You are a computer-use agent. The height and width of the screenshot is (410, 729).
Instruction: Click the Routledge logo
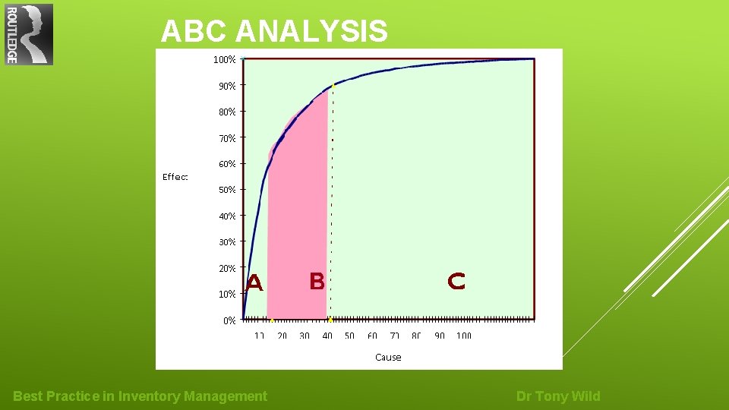pyautogui.click(x=29, y=34)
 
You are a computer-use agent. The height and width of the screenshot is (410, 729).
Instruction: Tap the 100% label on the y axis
pyautogui.click(x=224, y=59)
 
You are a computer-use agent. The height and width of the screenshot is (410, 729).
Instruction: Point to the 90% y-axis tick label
pyautogui.click(x=226, y=86)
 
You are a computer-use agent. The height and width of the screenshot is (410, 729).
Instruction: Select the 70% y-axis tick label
pyautogui.click(x=226, y=138)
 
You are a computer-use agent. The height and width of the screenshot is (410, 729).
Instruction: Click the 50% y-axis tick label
pyautogui.click(x=226, y=190)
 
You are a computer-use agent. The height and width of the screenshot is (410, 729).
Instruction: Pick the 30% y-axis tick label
pyautogui.click(x=226, y=242)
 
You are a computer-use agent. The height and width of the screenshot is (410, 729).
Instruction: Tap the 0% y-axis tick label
pyautogui.click(x=229, y=320)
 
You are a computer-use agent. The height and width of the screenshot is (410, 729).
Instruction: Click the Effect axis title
pyautogui.click(x=175, y=177)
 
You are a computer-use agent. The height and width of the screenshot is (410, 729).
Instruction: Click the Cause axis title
pyautogui.click(x=388, y=357)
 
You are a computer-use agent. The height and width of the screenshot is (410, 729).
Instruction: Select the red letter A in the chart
pyautogui.click(x=254, y=284)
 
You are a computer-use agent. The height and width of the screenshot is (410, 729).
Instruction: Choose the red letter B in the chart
pyautogui.click(x=317, y=282)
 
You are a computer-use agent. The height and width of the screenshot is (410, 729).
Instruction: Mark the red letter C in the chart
pyautogui.click(x=456, y=282)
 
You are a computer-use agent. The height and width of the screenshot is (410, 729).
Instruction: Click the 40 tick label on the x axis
pyautogui.click(x=327, y=336)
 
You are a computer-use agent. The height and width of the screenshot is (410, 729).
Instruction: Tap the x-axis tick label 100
pyautogui.click(x=464, y=336)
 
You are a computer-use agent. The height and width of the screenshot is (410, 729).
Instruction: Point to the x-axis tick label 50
pyautogui.click(x=349, y=336)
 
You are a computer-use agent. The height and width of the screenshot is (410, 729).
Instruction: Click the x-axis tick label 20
pyautogui.click(x=282, y=336)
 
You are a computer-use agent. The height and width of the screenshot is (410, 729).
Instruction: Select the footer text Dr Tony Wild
pyautogui.click(x=558, y=396)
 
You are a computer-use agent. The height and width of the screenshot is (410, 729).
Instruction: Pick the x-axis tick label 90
pyautogui.click(x=440, y=336)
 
